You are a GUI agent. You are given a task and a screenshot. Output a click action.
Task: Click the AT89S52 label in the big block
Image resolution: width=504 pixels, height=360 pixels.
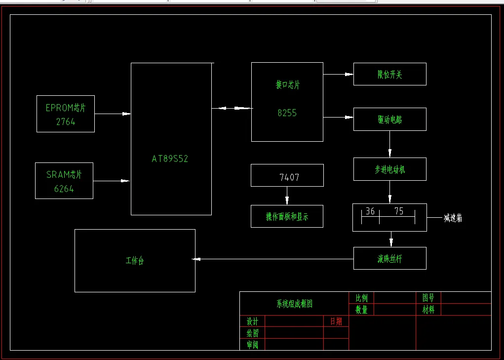(170, 159)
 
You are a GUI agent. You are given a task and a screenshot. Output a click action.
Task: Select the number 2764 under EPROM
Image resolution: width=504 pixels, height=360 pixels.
(66, 122)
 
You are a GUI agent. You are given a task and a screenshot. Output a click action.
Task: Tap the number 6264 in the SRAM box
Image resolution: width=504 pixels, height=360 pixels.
(64, 189)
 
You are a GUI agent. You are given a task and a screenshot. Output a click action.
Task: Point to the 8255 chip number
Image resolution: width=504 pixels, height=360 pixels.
(287, 113)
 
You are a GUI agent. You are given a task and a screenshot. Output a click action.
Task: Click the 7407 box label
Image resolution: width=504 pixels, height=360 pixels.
(289, 177)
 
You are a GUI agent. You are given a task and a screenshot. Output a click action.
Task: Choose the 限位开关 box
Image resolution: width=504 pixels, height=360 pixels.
(389, 75)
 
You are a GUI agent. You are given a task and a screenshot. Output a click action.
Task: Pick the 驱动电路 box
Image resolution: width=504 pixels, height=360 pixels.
(389, 120)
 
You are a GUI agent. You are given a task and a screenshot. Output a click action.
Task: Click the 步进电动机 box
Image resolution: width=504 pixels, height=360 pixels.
(389, 169)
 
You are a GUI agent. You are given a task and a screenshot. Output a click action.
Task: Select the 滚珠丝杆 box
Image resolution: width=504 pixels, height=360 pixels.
(389, 258)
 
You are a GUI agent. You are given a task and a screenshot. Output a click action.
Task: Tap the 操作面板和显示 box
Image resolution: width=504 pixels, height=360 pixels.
(287, 216)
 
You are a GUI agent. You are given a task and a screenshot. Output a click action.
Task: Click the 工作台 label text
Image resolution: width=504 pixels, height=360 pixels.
(135, 261)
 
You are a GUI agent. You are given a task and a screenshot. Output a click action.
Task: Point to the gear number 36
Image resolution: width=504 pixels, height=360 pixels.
(370, 211)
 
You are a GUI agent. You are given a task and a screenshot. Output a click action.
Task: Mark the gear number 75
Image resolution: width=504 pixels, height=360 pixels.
(399, 211)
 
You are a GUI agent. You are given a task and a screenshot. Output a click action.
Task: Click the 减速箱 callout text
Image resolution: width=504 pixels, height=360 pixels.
(453, 218)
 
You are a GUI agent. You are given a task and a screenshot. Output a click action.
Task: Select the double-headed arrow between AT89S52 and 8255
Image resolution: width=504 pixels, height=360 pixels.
(232, 108)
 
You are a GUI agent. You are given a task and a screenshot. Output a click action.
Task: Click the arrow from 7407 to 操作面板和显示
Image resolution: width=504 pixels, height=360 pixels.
(287, 196)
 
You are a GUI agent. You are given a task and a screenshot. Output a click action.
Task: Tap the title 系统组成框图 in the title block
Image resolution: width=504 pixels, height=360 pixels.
(295, 304)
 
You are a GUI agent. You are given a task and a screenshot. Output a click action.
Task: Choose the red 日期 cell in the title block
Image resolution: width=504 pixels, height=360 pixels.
(336, 321)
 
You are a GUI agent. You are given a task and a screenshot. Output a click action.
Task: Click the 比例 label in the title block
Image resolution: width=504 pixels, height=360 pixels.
(361, 298)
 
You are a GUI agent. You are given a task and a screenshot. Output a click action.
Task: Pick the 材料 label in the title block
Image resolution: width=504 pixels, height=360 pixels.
(428, 310)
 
